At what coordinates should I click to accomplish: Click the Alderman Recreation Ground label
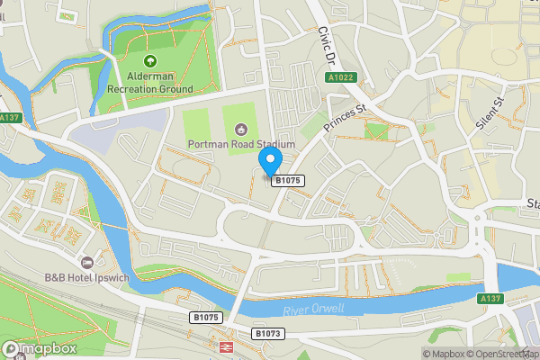tap(149, 83)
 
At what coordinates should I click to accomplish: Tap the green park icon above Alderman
tap(149, 61)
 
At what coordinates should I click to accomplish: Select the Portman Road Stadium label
tap(241, 144)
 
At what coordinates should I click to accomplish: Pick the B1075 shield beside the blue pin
tap(288, 181)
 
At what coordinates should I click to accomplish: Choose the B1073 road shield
tap(267, 333)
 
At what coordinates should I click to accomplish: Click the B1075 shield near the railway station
tap(205, 318)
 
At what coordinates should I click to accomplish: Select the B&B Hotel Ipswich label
tap(86, 278)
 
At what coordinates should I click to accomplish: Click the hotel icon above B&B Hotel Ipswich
tap(87, 262)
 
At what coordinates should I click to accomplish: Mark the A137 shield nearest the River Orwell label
tap(490, 298)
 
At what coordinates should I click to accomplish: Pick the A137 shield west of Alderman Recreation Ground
tap(10, 118)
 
